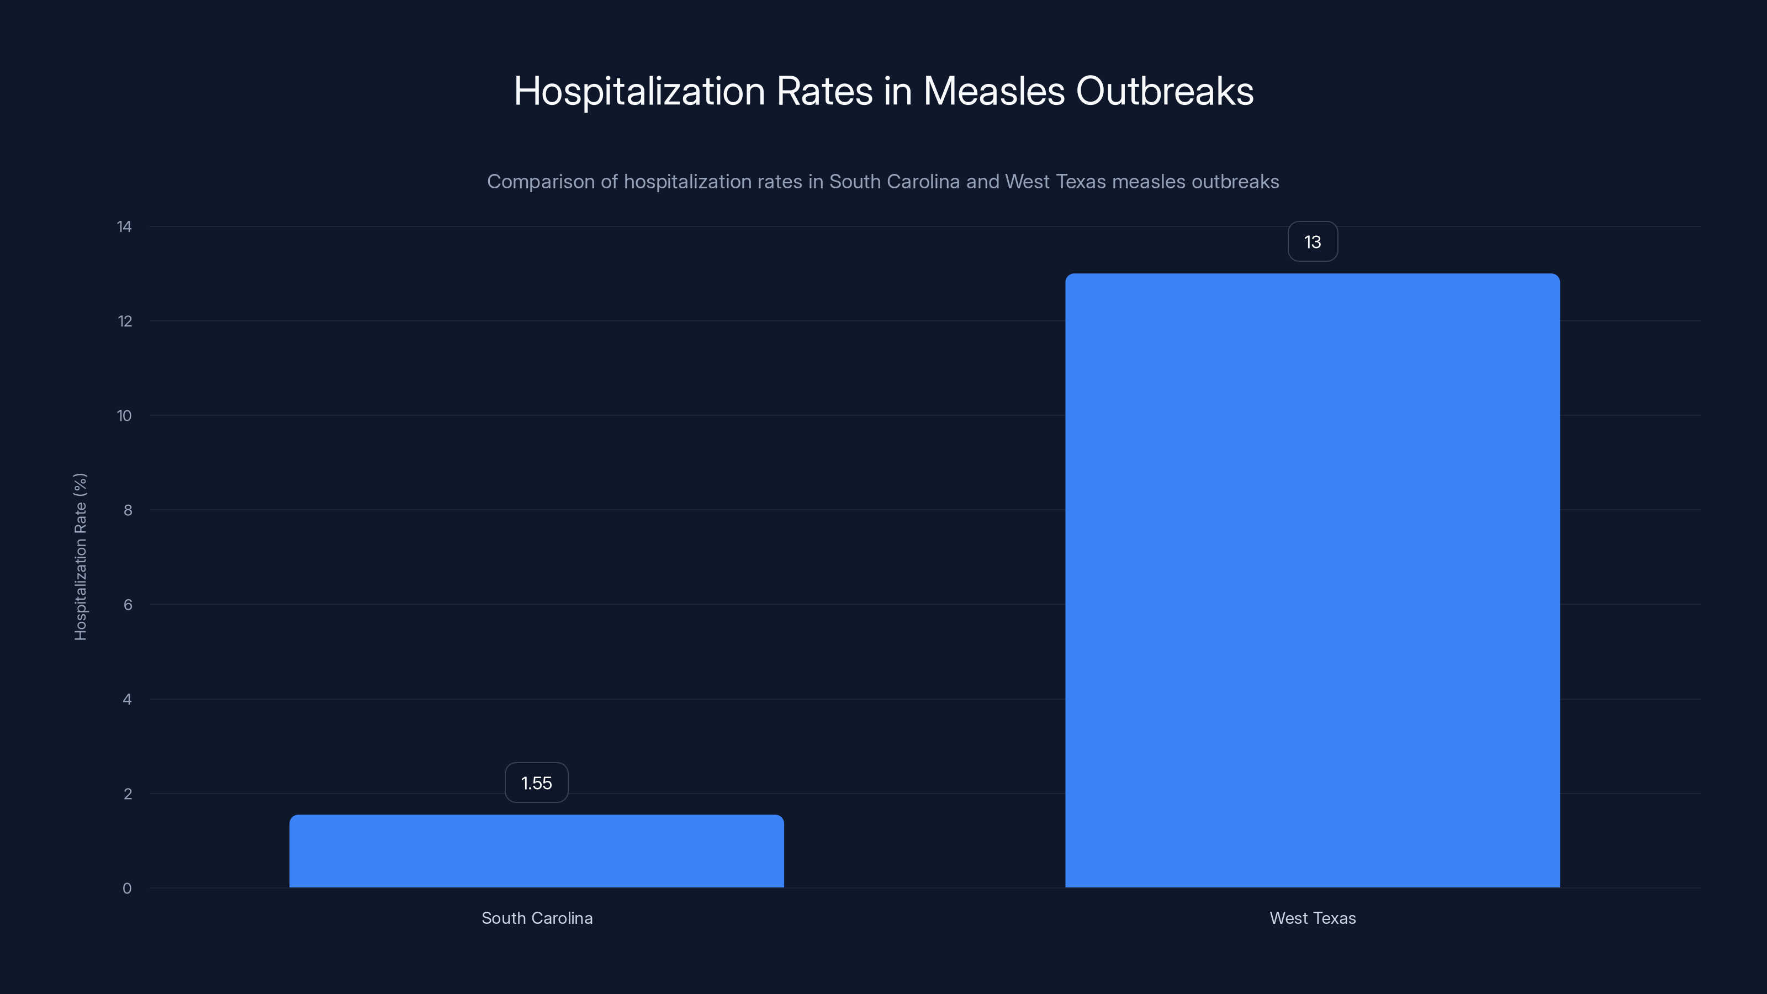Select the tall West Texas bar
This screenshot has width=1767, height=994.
[1312, 580]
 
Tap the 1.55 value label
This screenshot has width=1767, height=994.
[536, 782]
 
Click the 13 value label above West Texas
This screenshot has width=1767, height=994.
[1312, 241]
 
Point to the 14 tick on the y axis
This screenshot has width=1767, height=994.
[124, 226]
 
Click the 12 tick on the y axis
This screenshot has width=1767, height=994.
[124, 321]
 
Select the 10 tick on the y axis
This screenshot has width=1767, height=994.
[124, 416]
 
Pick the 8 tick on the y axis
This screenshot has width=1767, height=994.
[128, 510]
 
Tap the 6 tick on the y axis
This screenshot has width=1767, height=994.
[128, 604]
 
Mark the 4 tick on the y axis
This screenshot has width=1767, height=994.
[127, 699]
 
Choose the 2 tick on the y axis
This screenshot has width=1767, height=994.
[128, 794]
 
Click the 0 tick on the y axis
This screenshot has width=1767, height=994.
[127, 889]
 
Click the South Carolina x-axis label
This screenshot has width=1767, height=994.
[536, 918]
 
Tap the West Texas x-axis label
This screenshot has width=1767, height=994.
[1312, 918]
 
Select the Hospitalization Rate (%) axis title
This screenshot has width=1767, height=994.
[80, 556]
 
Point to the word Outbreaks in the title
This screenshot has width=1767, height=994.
[1164, 91]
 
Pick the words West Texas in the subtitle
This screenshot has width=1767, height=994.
[1055, 182]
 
